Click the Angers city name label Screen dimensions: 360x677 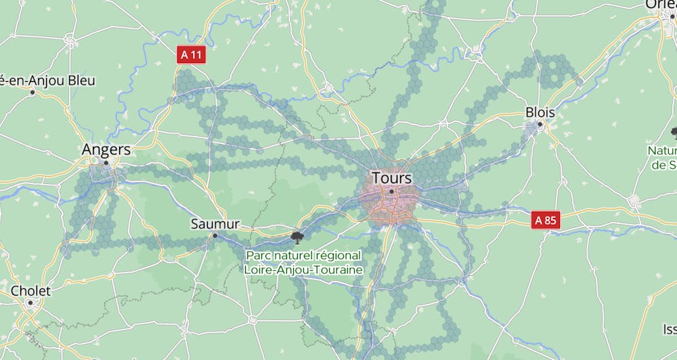[106, 150]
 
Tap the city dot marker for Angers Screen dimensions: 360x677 [106, 162]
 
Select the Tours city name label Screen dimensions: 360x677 [391, 178]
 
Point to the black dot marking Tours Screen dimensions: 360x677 [391, 191]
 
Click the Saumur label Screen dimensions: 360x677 [215, 223]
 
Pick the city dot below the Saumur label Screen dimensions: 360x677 [215, 235]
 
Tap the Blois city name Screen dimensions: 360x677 [540, 112]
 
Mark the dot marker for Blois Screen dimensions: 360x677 [540, 125]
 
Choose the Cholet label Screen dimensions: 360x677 [30, 290]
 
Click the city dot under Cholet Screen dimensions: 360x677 [30, 302]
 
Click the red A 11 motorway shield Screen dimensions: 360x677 [191, 55]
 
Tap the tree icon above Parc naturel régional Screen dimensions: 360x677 [296, 236]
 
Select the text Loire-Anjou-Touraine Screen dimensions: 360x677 [303, 269]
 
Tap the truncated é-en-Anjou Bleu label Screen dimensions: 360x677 [47, 81]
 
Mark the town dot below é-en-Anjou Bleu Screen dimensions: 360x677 [32, 92]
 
